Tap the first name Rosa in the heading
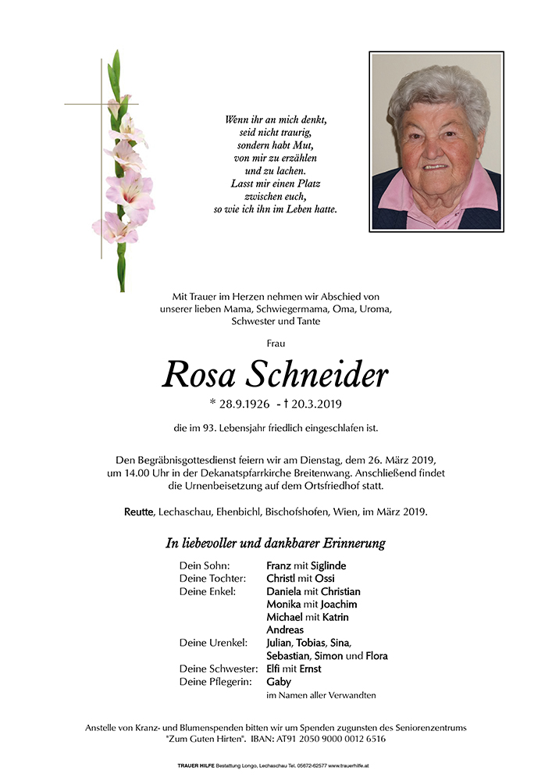click(x=199, y=376)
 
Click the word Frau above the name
click(x=276, y=343)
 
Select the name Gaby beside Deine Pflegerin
click(x=279, y=681)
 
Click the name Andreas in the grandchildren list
click(x=285, y=629)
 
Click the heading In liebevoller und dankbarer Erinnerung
click(x=276, y=543)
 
